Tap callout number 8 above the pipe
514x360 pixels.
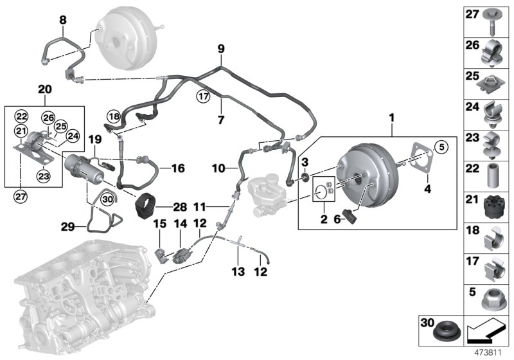[x=62, y=20]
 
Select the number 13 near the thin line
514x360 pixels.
[x=238, y=272]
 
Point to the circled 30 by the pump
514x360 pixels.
[x=107, y=200]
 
